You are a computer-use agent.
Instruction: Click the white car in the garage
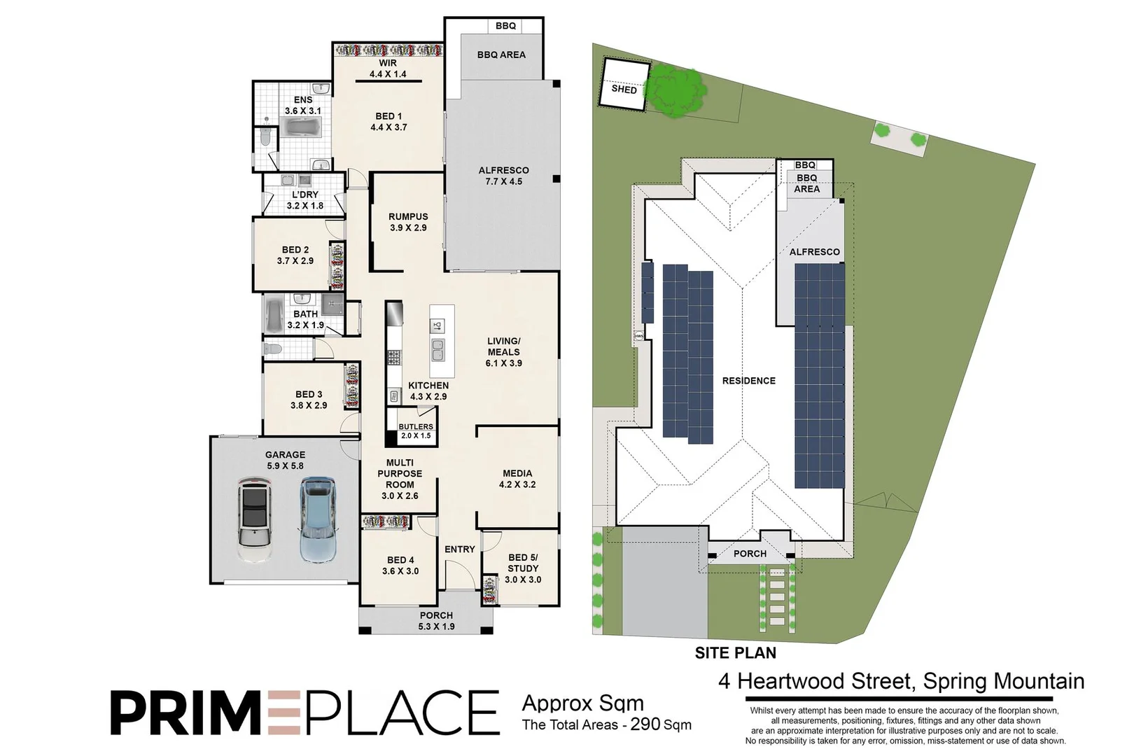(x=253, y=519)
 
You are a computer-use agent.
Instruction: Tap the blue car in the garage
(x=318, y=519)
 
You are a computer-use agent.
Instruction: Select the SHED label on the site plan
(x=624, y=90)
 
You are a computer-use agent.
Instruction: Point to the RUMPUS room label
(x=408, y=217)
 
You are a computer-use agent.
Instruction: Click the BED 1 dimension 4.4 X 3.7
(x=388, y=127)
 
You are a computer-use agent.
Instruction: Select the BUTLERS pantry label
(x=416, y=426)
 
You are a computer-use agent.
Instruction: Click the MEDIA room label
(x=517, y=473)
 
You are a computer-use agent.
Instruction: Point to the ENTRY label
(x=460, y=549)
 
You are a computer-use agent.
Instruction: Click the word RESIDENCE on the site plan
(x=749, y=381)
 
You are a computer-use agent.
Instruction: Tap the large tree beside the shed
(x=673, y=90)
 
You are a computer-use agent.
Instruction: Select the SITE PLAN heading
(x=735, y=653)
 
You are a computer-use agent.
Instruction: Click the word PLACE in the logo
(x=400, y=713)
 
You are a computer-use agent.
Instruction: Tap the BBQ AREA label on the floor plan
(x=501, y=55)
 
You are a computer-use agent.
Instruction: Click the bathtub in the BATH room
(x=274, y=315)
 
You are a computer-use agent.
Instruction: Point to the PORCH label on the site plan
(x=750, y=554)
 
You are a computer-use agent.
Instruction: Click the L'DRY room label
(x=305, y=195)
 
